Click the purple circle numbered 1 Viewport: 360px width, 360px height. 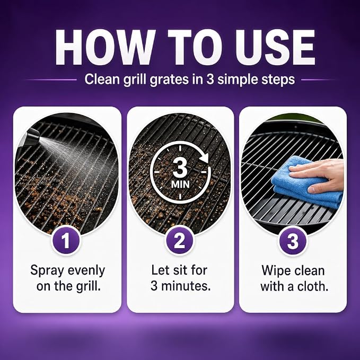click(x=65, y=240)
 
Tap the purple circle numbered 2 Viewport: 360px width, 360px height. click(x=180, y=240)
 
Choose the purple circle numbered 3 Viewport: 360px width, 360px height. click(x=293, y=240)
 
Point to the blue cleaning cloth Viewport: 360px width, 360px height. click(x=303, y=181)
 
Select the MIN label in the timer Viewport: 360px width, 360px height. click(x=180, y=184)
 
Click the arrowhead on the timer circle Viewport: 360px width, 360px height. click(x=204, y=158)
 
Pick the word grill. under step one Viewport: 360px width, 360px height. click(x=89, y=287)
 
